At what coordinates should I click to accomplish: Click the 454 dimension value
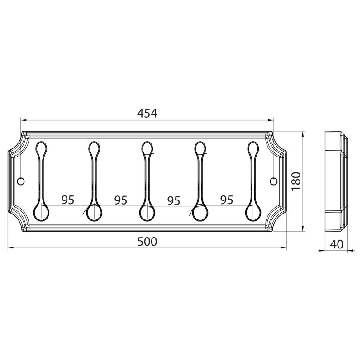[x=147, y=113]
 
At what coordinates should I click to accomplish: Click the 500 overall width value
[x=147, y=242]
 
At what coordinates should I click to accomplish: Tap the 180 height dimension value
[x=296, y=181]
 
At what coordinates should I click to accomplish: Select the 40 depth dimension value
[x=337, y=244]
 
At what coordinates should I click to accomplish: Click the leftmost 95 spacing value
[x=68, y=200]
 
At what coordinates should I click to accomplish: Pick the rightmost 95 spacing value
[x=227, y=200]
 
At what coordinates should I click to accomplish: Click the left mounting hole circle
[x=21, y=181]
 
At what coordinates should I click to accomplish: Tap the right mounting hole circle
[x=274, y=181]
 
